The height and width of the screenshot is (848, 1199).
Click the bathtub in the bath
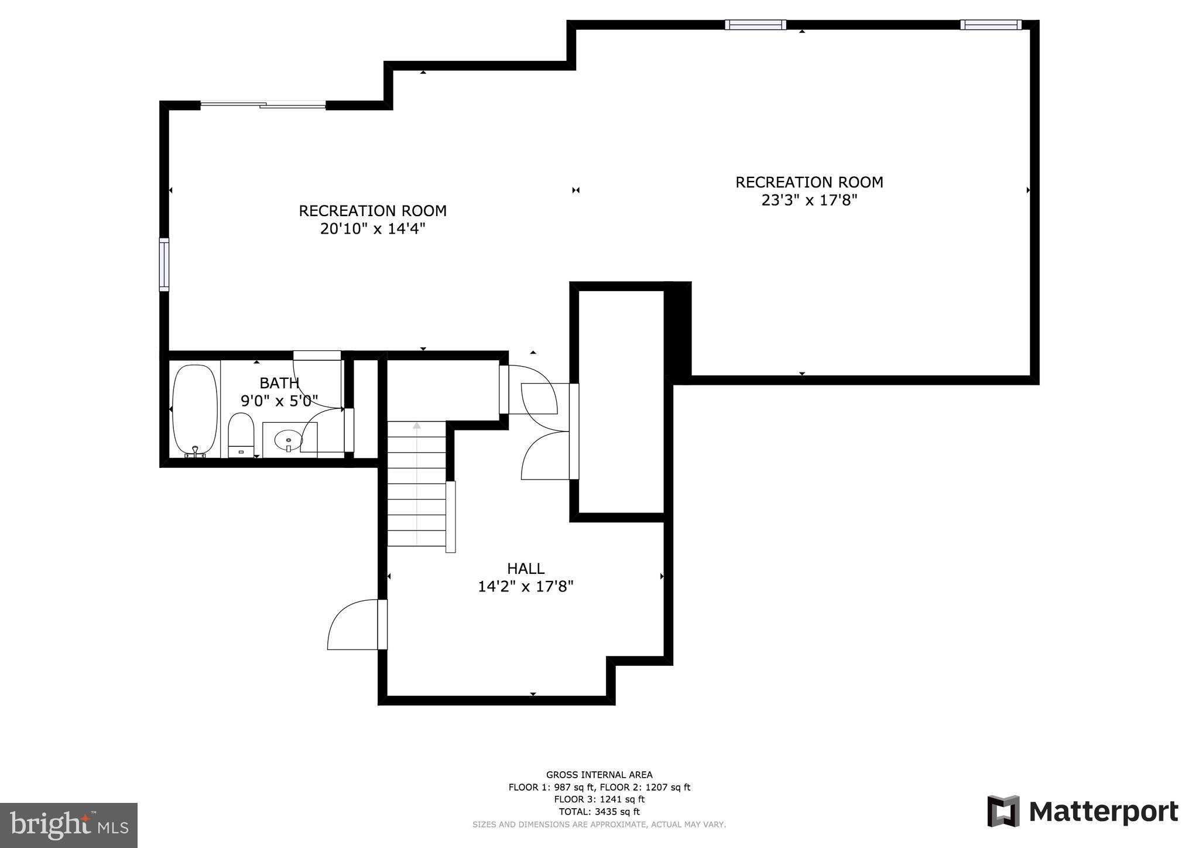tap(196, 411)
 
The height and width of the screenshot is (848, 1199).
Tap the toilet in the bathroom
tap(241, 435)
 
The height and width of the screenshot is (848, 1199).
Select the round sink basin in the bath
tap(288, 439)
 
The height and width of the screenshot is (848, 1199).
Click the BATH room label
tap(279, 383)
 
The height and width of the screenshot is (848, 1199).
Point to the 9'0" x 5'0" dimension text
tap(279, 401)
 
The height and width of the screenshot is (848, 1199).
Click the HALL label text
tap(526, 568)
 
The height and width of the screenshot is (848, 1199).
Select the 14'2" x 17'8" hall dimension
tap(526, 586)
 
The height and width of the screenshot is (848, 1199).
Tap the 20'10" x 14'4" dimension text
tap(372, 228)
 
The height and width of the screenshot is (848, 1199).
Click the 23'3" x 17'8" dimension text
tap(809, 200)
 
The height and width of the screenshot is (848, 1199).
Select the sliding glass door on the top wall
tap(263, 105)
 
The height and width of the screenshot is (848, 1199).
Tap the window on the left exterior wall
tap(164, 264)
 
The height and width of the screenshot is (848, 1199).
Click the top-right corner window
tap(991, 25)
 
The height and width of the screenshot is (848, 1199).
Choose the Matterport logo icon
tap(1003, 811)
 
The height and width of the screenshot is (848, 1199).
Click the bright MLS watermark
tap(68, 825)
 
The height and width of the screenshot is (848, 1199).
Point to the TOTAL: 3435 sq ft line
tap(599, 812)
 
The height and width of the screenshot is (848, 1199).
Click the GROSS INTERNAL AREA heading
tap(599, 775)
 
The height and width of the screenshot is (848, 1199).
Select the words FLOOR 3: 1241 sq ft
tap(599, 799)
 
